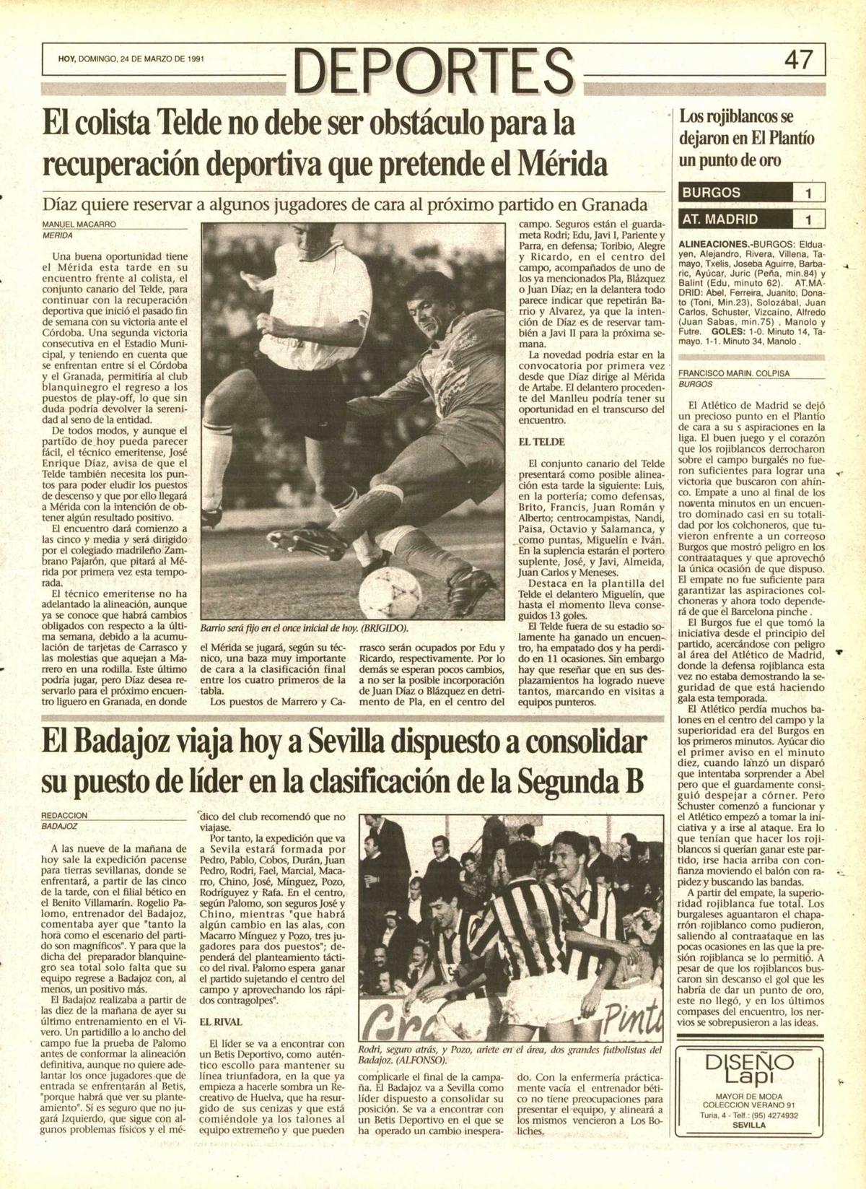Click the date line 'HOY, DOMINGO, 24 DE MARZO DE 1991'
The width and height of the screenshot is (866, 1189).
(x=131, y=59)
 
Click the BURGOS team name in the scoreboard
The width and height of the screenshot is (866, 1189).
(x=712, y=193)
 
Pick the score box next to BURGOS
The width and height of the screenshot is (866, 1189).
(x=808, y=193)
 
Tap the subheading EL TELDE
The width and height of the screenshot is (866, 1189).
(x=541, y=441)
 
